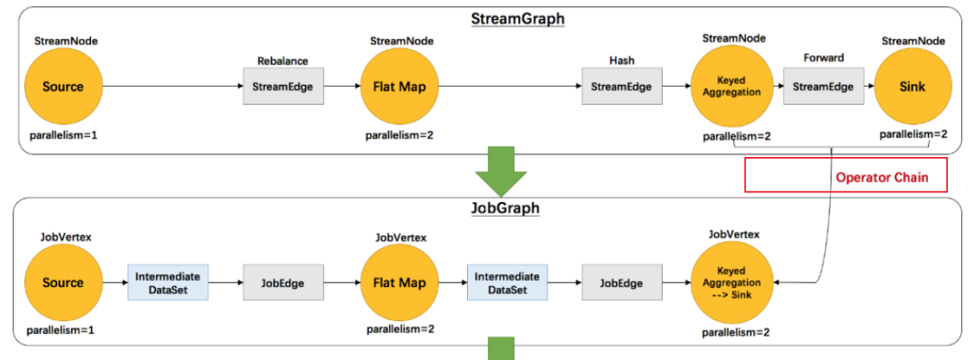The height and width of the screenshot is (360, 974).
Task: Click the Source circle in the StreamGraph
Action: coord(62,88)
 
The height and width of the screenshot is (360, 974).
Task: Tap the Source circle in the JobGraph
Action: coord(62,282)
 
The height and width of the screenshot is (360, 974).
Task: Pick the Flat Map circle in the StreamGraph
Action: coord(400,88)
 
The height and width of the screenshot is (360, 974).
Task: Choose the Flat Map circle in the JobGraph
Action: coord(400,282)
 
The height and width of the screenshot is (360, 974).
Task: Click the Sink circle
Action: coord(914,88)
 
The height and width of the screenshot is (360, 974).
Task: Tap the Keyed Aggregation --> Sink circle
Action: coord(731,282)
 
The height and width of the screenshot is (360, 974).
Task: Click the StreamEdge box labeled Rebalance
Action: coord(282,88)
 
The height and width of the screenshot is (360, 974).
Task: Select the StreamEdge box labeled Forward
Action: coord(822,88)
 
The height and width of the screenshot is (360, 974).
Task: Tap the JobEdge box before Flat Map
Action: coord(282,282)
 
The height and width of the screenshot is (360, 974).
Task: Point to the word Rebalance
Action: coord(282,61)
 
